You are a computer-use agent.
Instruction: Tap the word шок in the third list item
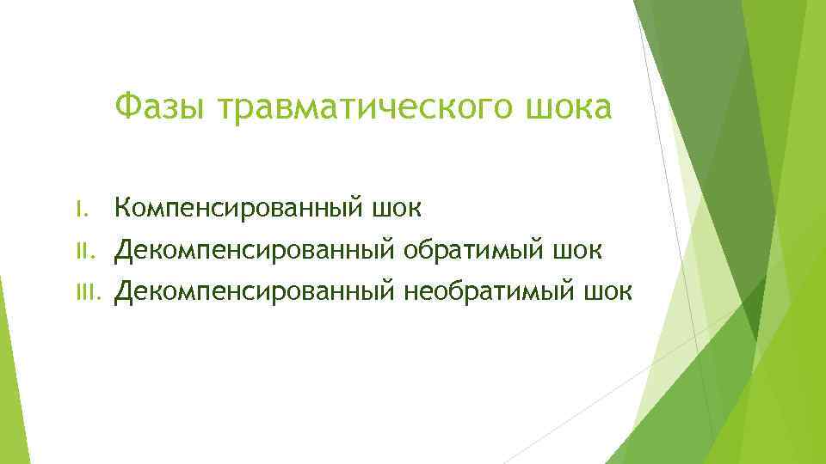click(x=607, y=293)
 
